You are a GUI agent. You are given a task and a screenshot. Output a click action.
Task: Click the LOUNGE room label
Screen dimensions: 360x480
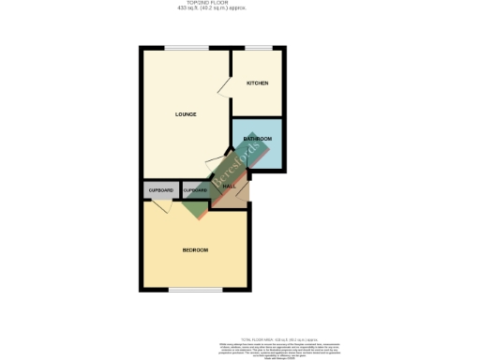click(x=185, y=115)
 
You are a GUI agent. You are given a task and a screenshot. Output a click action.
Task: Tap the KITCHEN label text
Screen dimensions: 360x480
click(x=257, y=83)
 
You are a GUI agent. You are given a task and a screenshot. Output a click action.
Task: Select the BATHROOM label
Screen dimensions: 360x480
click(x=257, y=139)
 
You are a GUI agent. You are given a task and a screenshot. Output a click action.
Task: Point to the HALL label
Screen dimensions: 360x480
click(x=229, y=185)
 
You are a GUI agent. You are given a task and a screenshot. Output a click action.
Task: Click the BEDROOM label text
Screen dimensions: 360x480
click(x=195, y=250)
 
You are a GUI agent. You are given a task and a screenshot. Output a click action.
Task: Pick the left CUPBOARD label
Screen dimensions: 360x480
click(x=160, y=190)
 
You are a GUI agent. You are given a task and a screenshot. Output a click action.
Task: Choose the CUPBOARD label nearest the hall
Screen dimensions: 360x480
click(x=195, y=190)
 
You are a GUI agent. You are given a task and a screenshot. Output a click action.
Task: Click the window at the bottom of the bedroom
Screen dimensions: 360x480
click(x=188, y=290)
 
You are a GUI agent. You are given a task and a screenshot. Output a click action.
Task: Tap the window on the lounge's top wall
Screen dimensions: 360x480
click(x=180, y=48)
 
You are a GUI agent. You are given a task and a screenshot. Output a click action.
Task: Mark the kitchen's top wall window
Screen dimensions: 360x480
click(x=259, y=48)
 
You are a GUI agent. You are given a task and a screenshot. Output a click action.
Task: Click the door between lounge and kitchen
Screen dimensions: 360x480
click(x=226, y=86)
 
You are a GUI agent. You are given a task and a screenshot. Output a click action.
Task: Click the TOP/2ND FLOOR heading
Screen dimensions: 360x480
click(x=240, y=4)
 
